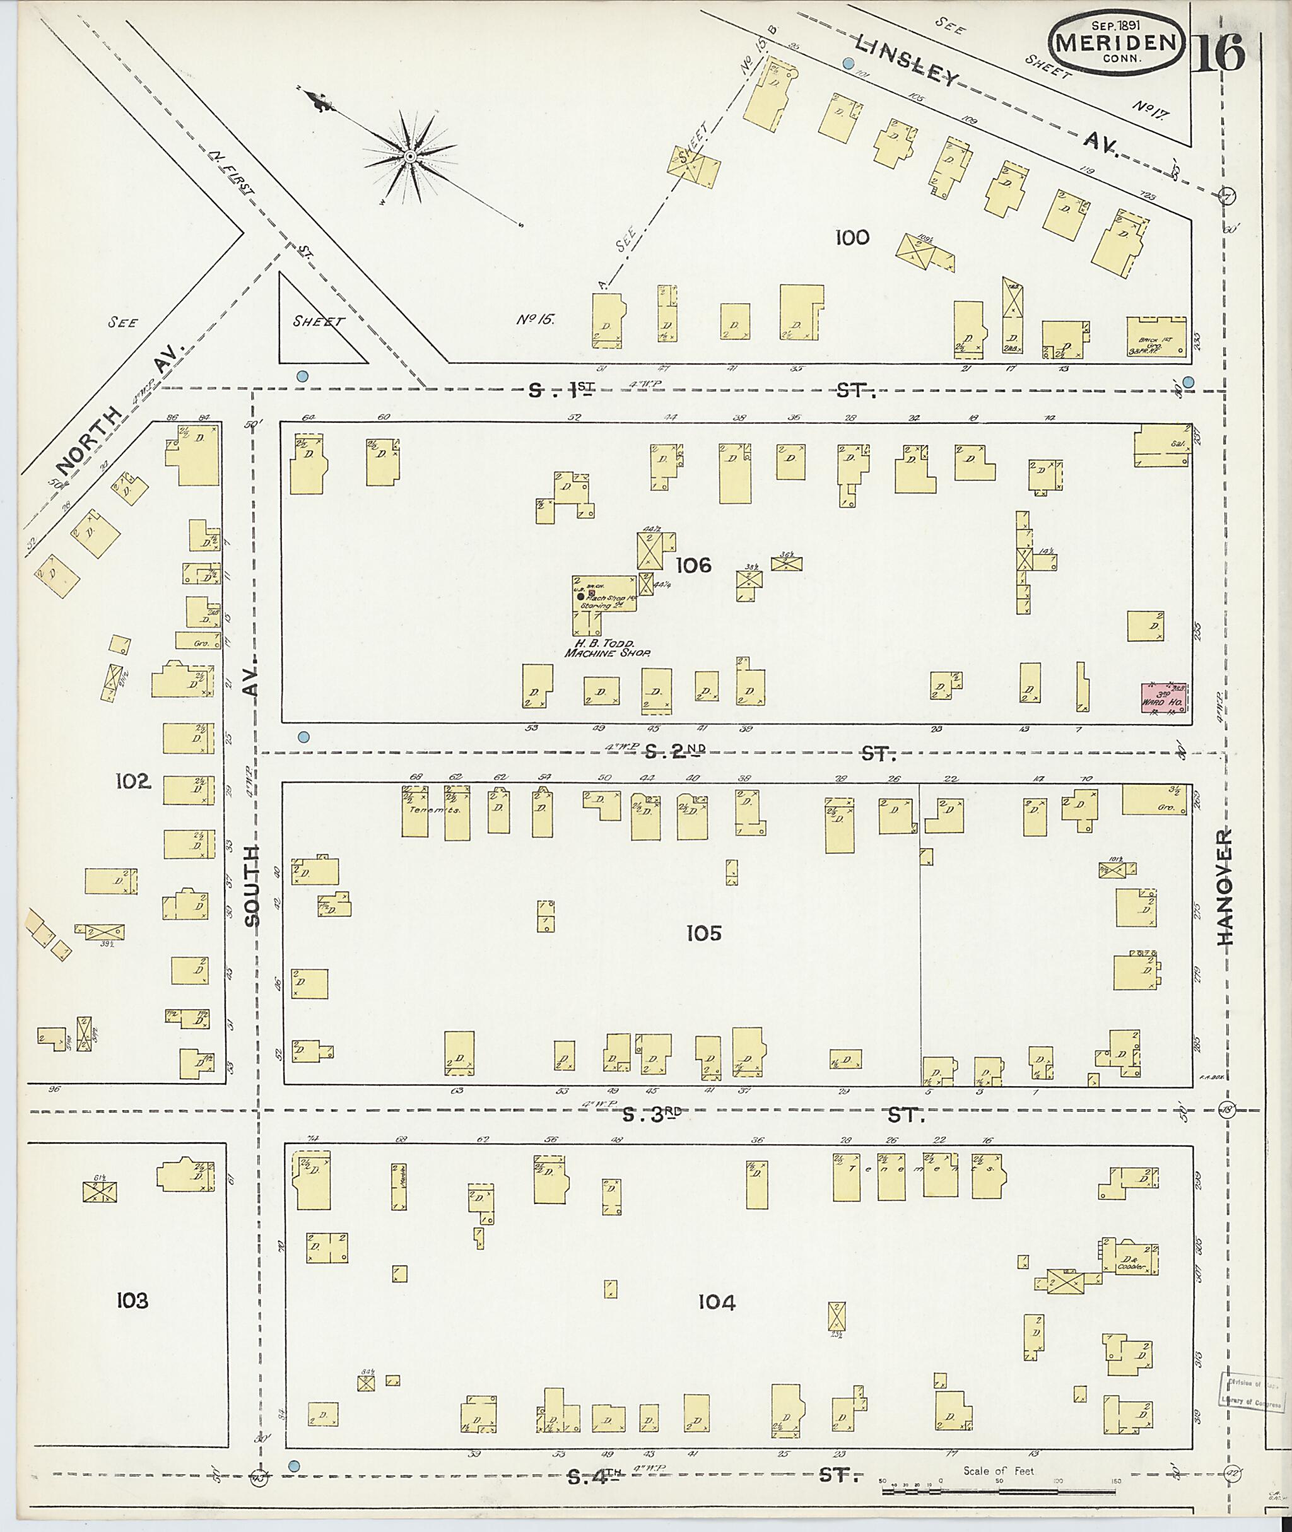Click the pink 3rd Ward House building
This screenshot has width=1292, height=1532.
[1164, 697]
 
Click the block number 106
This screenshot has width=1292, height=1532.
[693, 565]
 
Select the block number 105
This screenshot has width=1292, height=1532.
[704, 933]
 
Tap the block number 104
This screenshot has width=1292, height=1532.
[716, 1302]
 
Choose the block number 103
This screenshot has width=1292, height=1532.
[132, 1301]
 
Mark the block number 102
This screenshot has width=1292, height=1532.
[133, 781]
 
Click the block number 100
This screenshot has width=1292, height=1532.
[852, 237]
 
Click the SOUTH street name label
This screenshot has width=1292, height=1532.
[252, 886]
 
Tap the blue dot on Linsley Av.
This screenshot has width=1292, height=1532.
[848, 64]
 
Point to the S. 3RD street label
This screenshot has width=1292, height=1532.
[652, 1114]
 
